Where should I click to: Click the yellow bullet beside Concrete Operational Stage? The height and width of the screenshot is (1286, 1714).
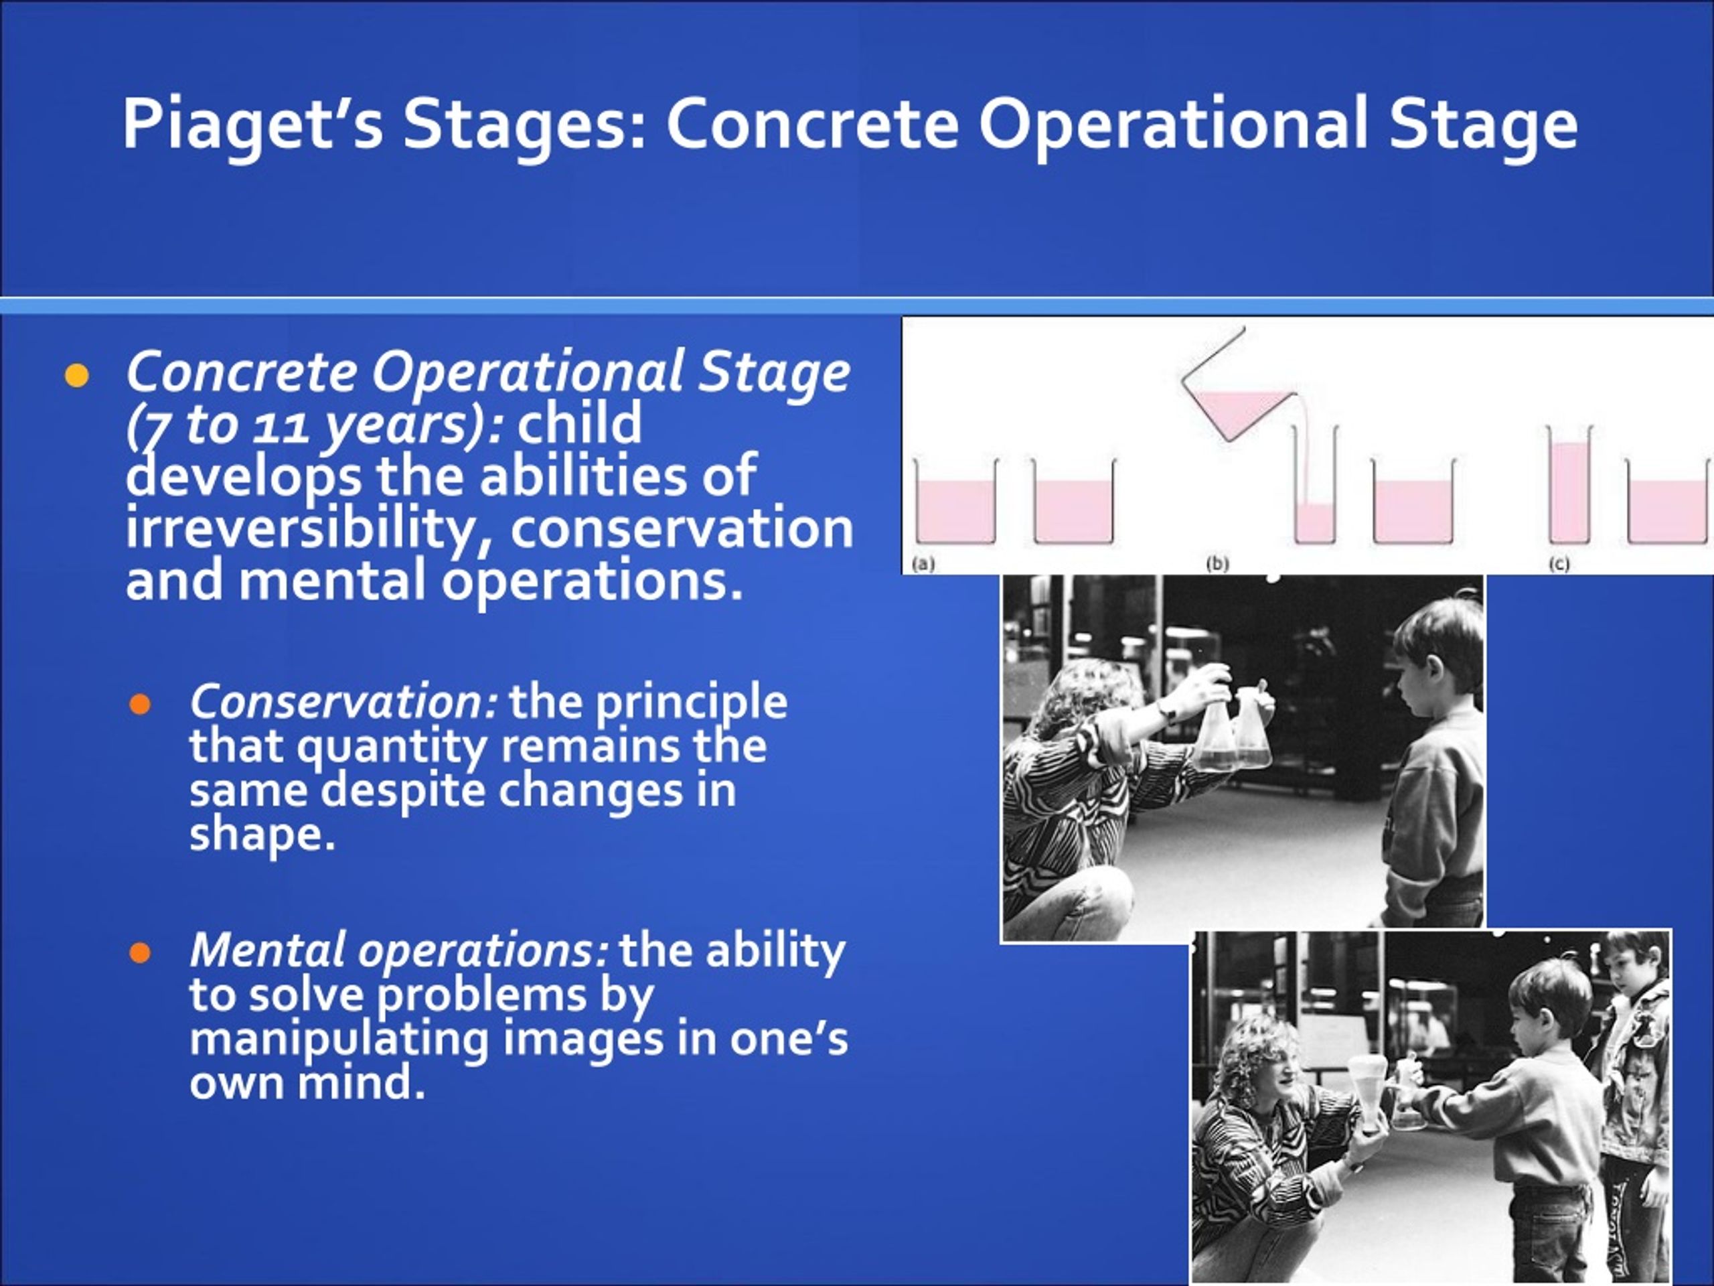[77, 376]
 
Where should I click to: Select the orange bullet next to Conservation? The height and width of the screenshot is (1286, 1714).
[140, 705]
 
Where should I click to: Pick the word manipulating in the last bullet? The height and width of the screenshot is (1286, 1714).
[339, 1040]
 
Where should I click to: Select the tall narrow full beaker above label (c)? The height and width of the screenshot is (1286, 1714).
[1570, 484]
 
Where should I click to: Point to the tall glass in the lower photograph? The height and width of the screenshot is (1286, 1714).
[1368, 1095]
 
